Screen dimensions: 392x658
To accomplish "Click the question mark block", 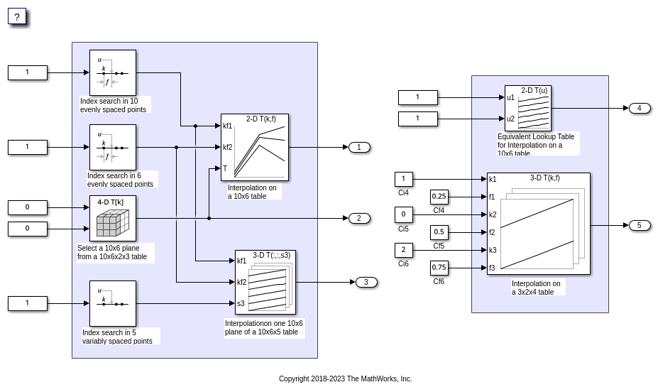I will pos(17,16).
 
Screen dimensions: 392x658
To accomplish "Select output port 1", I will pos(359,147).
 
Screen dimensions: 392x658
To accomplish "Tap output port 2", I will pos(359,218).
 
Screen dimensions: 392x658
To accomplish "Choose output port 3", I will pos(366,282).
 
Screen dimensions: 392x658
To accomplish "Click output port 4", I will pos(639,108).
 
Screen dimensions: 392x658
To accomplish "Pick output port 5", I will pos(639,225).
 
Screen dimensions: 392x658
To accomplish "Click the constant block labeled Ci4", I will pos(403,179).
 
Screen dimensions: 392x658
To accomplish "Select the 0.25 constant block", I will pos(439,197).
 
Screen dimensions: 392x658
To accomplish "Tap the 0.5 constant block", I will pos(439,232).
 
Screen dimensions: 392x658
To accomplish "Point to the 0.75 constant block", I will pos(439,268).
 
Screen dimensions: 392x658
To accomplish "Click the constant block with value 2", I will pos(403,250).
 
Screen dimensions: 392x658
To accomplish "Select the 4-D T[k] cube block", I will pos(112,218).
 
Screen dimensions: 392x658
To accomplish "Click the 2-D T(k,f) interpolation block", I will pos(254,147).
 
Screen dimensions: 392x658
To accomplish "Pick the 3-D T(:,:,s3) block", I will pos(265,282).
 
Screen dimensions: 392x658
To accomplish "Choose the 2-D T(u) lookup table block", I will pos(527,108).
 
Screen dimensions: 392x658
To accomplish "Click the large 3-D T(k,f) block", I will pos(538,224).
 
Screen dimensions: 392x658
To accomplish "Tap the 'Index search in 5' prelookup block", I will pos(112,303).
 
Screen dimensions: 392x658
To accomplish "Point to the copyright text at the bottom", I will pos(345,379).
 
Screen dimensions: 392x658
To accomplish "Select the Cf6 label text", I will pos(439,281).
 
